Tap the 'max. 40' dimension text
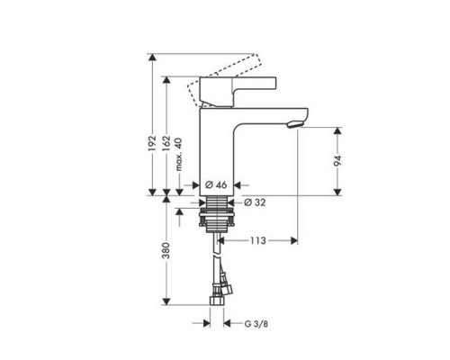pos(180,155)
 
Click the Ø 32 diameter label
pos(255,202)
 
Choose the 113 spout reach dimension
pos(256,240)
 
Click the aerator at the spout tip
pos(293,122)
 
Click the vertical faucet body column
pos(217,148)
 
